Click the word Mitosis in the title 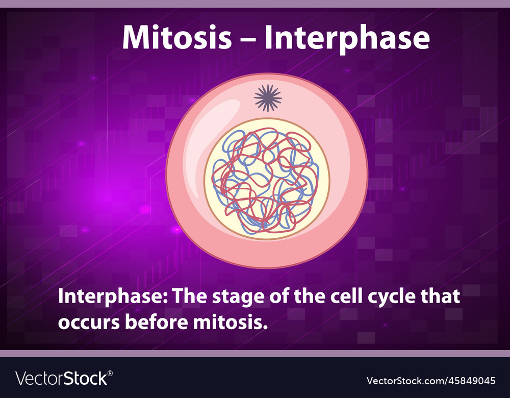click(177, 37)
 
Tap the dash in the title click(248, 39)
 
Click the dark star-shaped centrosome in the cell click(268, 98)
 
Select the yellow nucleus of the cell click(267, 179)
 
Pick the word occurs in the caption click(89, 322)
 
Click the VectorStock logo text click(62, 379)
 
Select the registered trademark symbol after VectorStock click(110, 374)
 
